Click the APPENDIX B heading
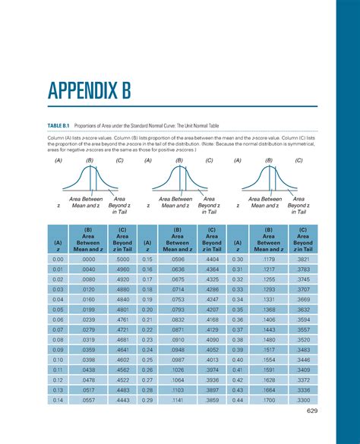89,92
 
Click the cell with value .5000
123,259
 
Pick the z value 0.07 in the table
58,329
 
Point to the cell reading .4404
213,259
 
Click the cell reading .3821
303,259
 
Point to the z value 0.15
148,259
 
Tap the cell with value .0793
178,310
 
